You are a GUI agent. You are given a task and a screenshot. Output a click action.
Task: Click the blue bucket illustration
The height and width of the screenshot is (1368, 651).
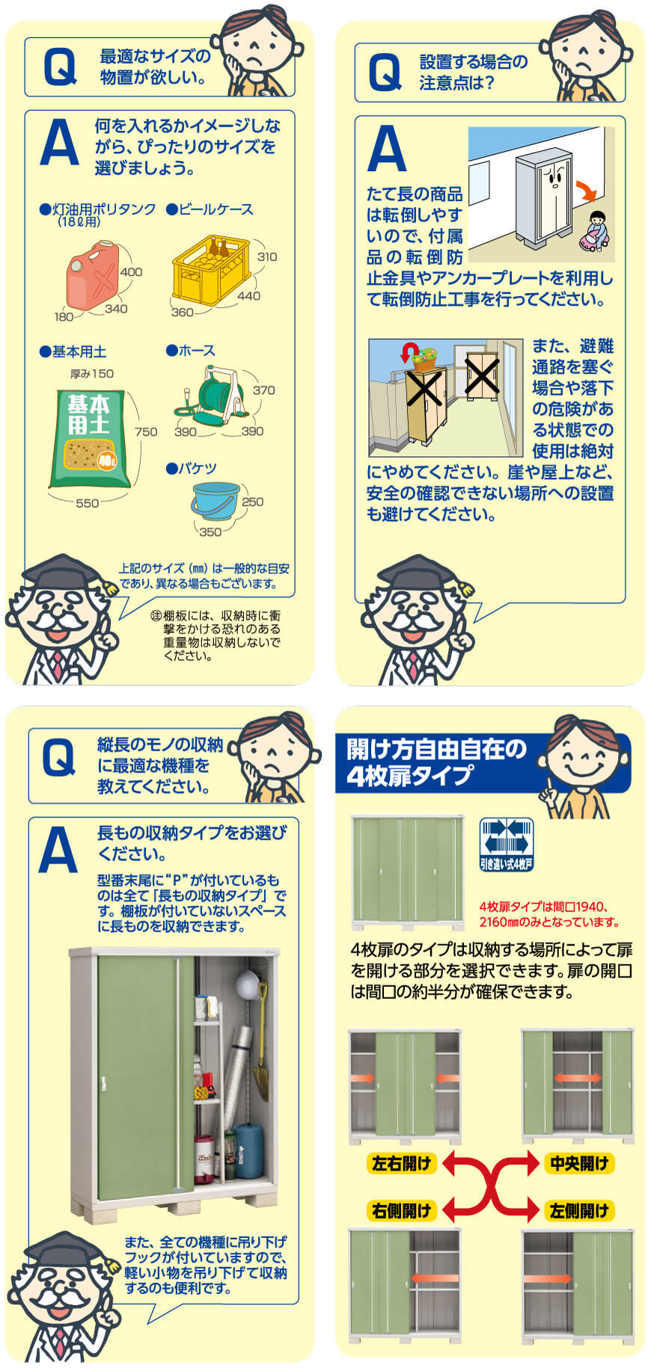point(216,502)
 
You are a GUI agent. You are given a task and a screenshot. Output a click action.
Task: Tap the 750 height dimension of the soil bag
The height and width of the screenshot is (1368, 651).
point(146,431)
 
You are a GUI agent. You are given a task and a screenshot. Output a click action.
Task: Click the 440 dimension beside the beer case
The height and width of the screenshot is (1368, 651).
point(248,295)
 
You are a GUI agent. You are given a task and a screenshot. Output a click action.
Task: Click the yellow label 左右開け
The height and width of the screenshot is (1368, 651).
point(402,1162)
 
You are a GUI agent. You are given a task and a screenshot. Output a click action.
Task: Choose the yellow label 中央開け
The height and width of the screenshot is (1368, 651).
point(579,1162)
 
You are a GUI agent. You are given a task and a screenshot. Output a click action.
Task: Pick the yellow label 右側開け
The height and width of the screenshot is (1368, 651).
point(402,1210)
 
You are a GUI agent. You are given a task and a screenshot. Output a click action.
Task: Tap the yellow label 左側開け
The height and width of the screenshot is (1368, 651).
point(579,1210)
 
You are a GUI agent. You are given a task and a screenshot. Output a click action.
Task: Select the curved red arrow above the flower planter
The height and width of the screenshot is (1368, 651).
point(409,351)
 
